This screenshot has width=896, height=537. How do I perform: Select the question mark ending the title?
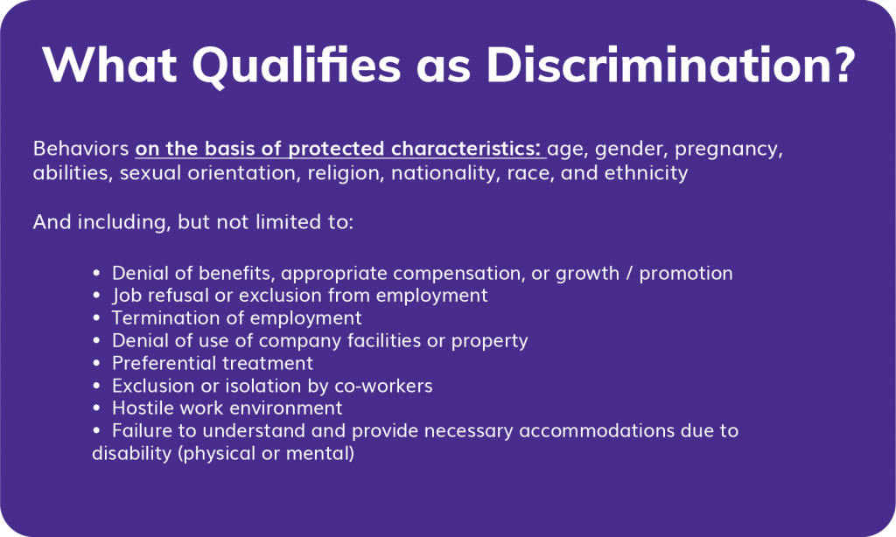pos(837,65)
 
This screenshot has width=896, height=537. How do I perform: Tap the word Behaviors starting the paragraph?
pos(80,148)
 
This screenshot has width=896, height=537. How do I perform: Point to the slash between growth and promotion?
pos(628,273)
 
